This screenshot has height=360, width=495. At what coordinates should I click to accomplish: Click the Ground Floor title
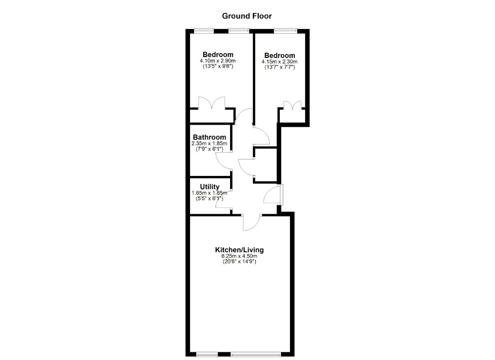(247, 16)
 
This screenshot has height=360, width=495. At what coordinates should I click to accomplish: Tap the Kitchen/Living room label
(239, 250)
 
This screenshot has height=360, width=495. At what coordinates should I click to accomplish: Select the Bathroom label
(209, 137)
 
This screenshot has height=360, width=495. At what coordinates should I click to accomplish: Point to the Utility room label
(210, 187)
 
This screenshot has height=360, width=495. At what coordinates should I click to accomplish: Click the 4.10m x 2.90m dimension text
(218, 61)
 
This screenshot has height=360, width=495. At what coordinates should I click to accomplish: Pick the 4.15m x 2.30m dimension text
(279, 62)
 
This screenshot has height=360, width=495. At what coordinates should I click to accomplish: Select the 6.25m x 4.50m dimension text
(239, 256)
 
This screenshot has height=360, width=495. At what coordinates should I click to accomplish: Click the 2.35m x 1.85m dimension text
(209, 143)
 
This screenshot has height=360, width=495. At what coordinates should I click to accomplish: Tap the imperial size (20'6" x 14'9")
(239, 261)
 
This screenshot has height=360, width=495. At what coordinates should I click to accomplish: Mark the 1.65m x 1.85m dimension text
(209, 193)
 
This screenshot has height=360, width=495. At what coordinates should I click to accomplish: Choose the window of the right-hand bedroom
(285, 30)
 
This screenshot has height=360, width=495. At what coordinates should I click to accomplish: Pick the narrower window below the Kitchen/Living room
(207, 355)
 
